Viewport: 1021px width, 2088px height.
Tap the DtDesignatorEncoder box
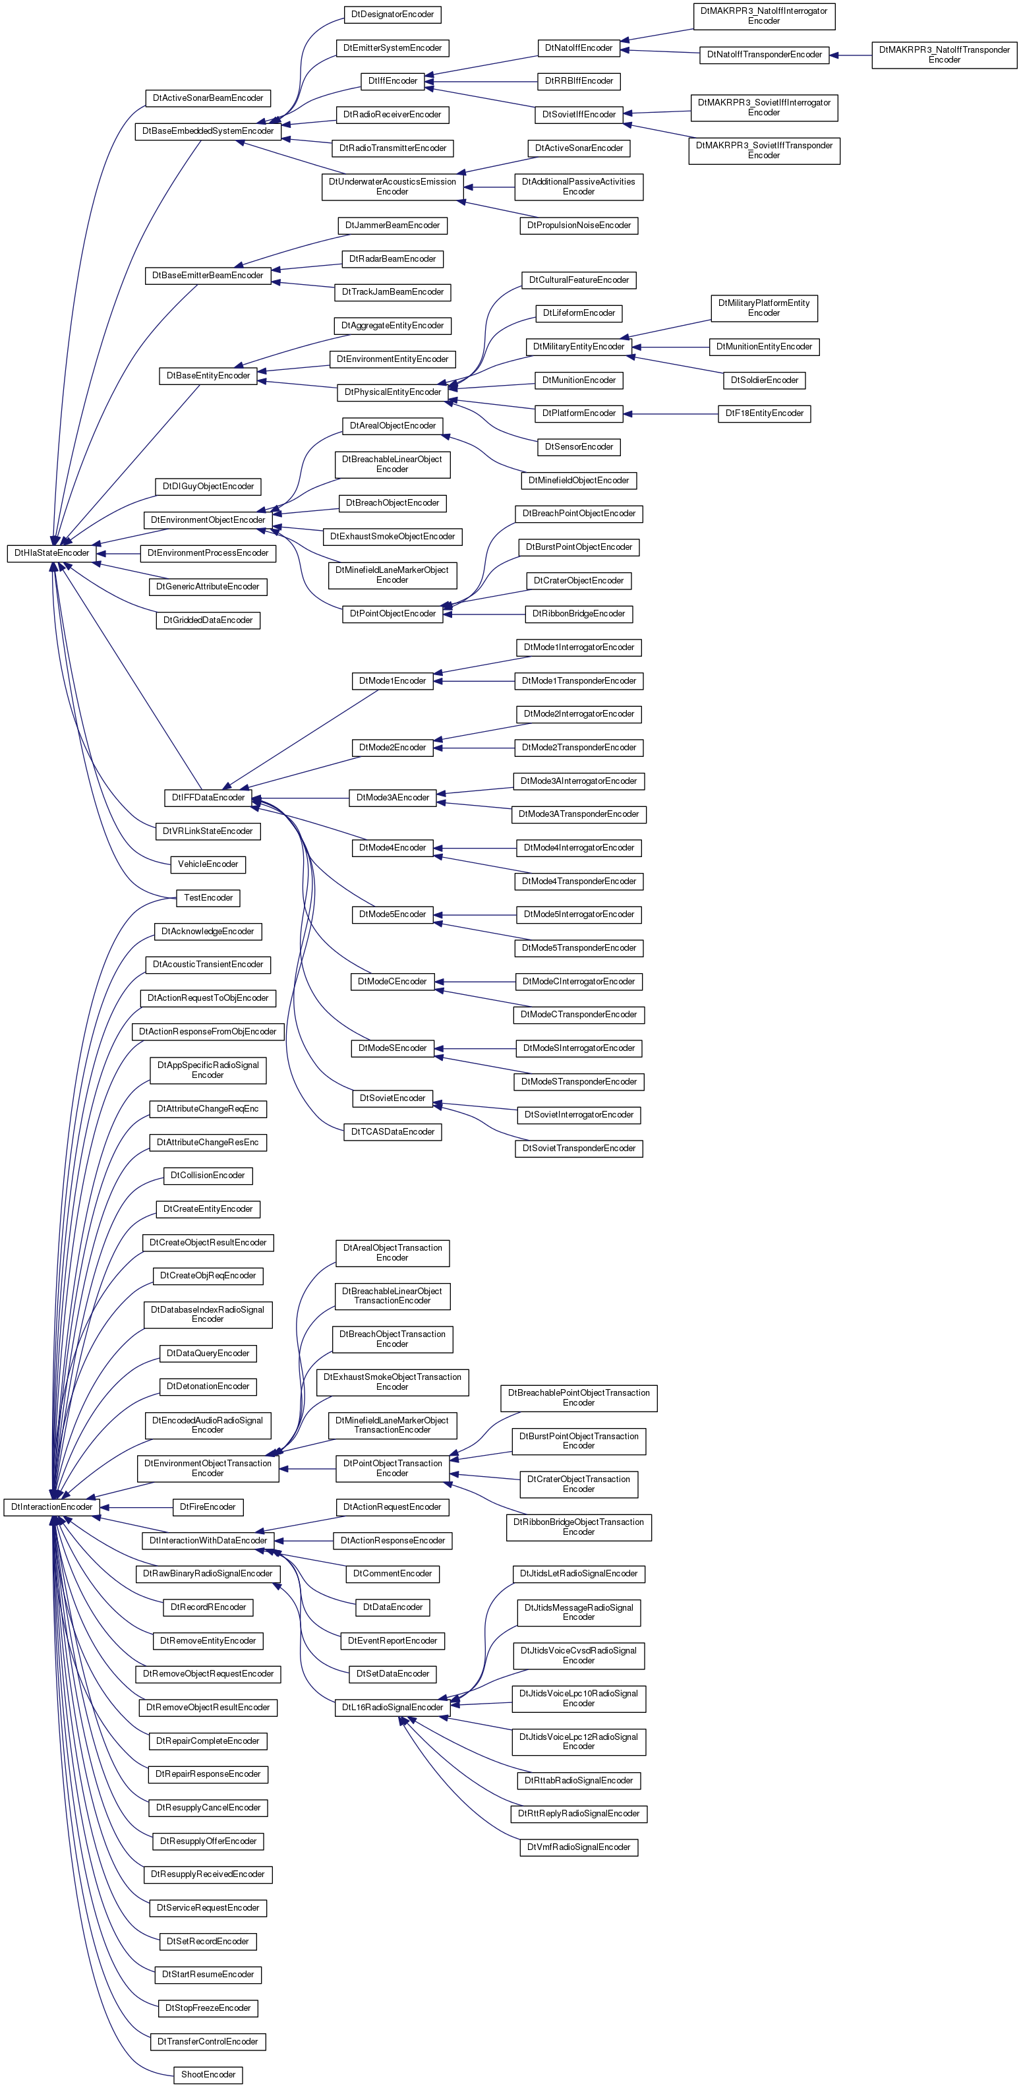pos(392,15)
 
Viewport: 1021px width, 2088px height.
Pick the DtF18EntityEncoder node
pos(764,413)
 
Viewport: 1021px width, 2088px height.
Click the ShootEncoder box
pos(208,2075)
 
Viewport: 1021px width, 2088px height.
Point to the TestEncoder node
pos(208,898)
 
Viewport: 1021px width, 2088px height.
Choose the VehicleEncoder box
pos(208,865)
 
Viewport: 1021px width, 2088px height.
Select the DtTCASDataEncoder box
pos(392,1131)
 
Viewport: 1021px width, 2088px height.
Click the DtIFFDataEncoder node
pos(208,798)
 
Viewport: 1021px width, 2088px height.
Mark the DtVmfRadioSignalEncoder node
pos(579,1847)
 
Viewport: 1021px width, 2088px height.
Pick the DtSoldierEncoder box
pos(764,380)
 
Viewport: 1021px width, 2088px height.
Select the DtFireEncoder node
pos(208,1508)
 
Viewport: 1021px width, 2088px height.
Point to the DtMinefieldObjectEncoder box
pos(579,481)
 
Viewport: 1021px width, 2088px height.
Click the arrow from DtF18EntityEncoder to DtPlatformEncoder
pos(671,413)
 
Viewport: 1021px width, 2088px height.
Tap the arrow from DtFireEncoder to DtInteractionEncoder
pos(137,1508)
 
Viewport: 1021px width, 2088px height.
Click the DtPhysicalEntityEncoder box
pos(392,392)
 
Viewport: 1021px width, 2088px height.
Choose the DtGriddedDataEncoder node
pos(208,621)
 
